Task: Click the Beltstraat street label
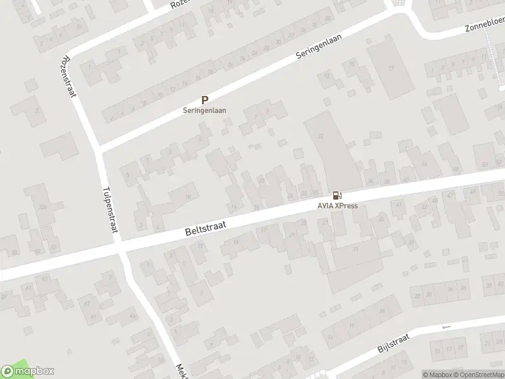click(x=205, y=226)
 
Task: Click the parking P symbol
click(x=205, y=100)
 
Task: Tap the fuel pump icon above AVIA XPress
click(x=337, y=196)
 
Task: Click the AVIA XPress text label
click(x=337, y=206)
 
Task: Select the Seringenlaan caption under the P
click(x=205, y=110)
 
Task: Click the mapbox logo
click(x=28, y=371)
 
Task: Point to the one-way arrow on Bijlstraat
click(x=447, y=327)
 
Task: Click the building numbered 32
click(x=322, y=136)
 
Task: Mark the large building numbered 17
click(x=391, y=68)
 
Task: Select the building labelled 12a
click(x=43, y=207)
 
